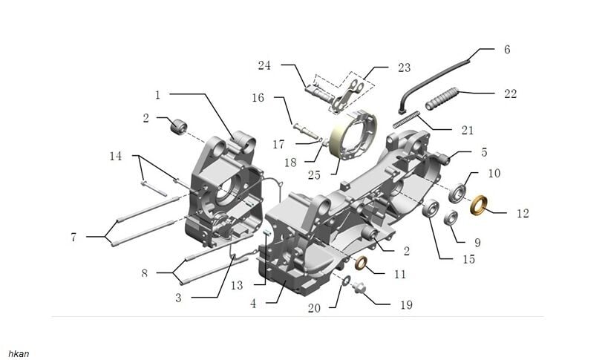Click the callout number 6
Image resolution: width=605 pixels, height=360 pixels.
pyautogui.click(x=507, y=50)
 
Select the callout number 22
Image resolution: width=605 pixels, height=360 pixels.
pyautogui.click(x=509, y=94)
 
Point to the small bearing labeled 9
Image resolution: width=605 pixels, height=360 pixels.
pyautogui.click(x=451, y=218)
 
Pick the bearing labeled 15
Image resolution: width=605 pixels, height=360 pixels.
pyautogui.click(x=430, y=209)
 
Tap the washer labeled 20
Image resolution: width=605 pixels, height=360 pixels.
pyautogui.click(x=347, y=281)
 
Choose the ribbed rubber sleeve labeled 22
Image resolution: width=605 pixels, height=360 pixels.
pyautogui.click(x=442, y=98)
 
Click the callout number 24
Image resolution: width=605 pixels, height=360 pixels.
pyautogui.click(x=265, y=66)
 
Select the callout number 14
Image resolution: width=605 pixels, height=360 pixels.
pyautogui.click(x=115, y=157)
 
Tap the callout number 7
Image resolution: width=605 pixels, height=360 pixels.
pyautogui.click(x=73, y=238)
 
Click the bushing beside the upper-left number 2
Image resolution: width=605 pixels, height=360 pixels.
pyautogui.click(x=178, y=126)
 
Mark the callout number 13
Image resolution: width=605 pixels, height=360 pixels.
pyautogui.click(x=237, y=286)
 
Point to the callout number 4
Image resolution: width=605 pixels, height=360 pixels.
pyautogui.click(x=254, y=304)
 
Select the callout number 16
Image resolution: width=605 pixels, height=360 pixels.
pyautogui.click(x=258, y=98)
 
